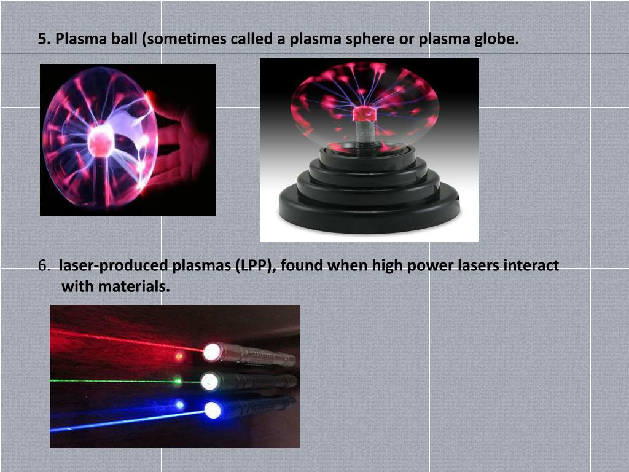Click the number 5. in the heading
tap(44, 40)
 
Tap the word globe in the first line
tap(499, 40)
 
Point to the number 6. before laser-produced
tap(44, 266)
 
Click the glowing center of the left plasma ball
tap(100, 142)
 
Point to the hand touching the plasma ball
tap(178, 147)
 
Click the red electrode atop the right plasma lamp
tap(364, 114)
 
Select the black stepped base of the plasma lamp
tap(369, 197)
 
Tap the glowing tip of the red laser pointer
tap(213, 352)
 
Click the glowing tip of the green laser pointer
tap(210, 381)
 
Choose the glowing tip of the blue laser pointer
tap(213, 410)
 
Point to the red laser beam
tap(123, 339)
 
